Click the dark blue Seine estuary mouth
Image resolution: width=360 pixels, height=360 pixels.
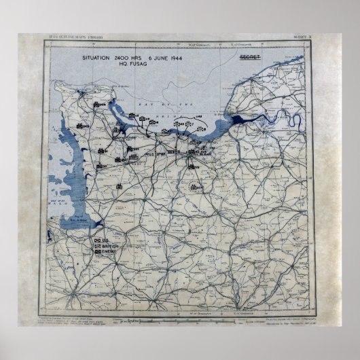[240, 122]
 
